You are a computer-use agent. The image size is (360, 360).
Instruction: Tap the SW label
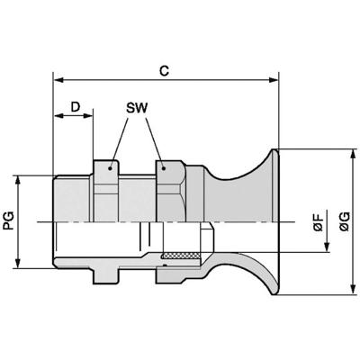pyautogui.click(x=137, y=109)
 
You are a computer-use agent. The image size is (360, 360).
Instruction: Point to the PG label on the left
pyautogui.click(x=9, y=220)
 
